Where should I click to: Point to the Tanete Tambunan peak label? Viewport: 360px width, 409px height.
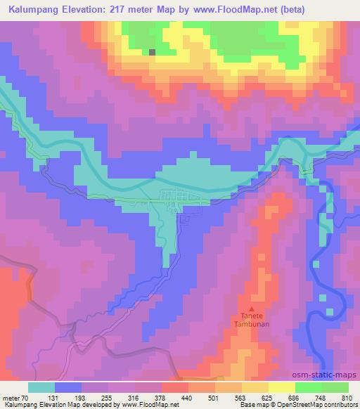click(247, 321)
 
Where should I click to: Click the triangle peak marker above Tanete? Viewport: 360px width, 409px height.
click(247, 308)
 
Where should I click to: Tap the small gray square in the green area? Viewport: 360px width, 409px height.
click(152, 51)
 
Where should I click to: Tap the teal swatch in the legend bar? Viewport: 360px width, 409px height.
click(41, 387)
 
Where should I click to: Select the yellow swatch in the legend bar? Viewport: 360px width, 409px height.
click(281, 387)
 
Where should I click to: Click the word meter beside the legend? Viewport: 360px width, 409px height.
click(11, 398)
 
